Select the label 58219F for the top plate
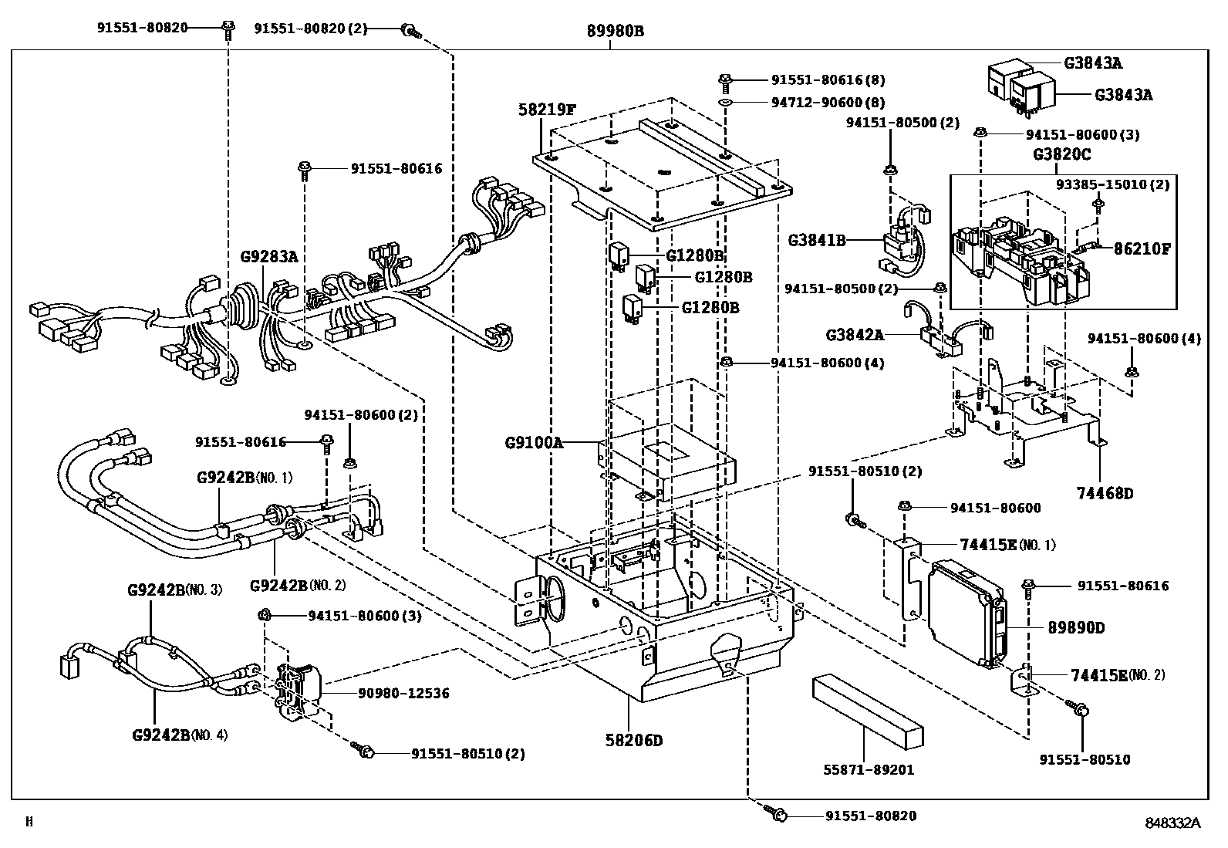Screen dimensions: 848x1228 coord(546,110)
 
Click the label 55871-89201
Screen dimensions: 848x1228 coord(869,769)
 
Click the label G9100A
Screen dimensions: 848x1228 coord(534,443)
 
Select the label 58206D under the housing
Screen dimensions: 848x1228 coord(633,741)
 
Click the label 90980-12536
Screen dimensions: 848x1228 coord(403,693)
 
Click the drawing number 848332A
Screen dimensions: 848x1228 coord(1172,823)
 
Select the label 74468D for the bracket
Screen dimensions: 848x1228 coord(1105,493)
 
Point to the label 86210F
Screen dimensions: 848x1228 coord(1142,249)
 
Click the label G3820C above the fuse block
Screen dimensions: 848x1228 coord(1062,154)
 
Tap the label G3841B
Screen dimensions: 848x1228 coord(816,241)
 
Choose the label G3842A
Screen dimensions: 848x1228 coord(855,335)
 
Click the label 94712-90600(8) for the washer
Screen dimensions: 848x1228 coord(828,103)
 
